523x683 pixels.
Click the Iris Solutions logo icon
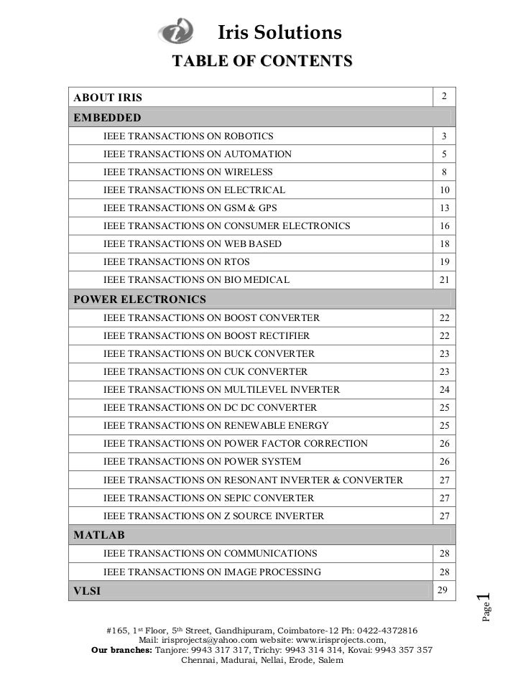click(x=176, y=32)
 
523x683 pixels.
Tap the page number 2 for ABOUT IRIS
click(x=445, y=97)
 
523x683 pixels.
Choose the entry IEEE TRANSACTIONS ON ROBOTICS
click(x=188, y=136)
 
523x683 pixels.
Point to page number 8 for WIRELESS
click(x=445, y=172)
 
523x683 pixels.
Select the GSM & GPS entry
click(x=190, y=208)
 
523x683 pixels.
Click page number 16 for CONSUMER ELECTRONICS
click(x=445, y=226)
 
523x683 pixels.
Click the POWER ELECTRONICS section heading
click(x=140, y=299)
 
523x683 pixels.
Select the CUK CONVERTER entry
click(x=205, y=372)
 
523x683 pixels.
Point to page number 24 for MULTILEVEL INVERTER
click(x=445, y=390)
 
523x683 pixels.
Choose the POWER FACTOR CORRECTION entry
click(x=236, y=444)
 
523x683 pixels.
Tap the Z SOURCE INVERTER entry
click(x=213, y=516)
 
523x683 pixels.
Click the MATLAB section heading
click(x=100, y=535)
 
